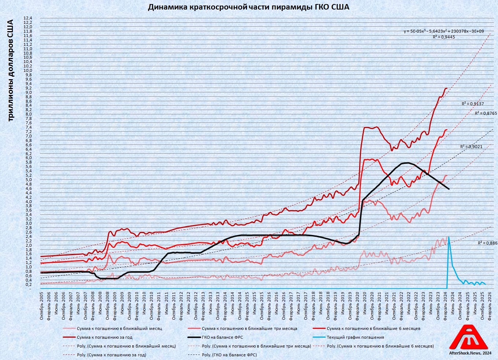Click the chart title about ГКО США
click(248, 7)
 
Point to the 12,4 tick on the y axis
click(28, 18)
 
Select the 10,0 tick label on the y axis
click(28, 70)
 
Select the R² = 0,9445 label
click(444, 37)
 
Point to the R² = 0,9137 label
click(472, 104)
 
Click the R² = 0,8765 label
click(486, 114)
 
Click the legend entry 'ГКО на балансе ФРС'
click(222, 337)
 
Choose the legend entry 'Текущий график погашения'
click(355, 337)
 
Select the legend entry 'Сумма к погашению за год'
click(104, 337)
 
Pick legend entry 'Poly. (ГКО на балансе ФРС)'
click(229, 355)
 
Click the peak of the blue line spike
click(449, 237)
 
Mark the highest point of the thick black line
click(406, 163)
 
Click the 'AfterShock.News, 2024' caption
click(470, 353)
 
